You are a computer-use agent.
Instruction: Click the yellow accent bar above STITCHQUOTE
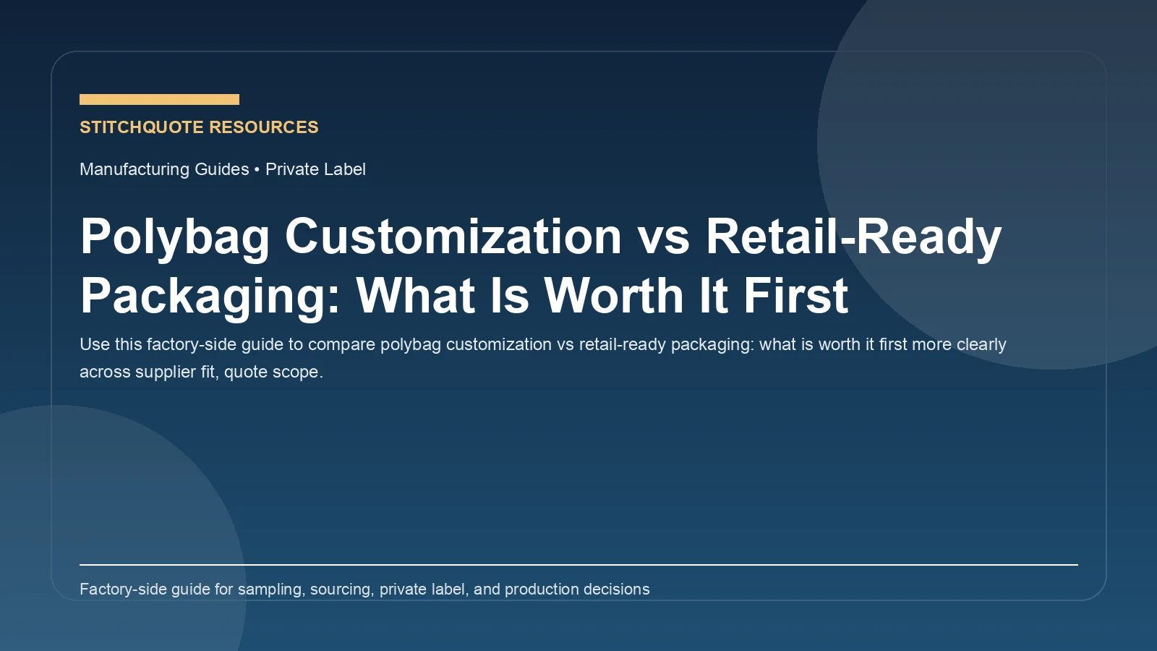click(159, 99)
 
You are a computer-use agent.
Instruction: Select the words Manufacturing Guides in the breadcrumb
click(164, 169)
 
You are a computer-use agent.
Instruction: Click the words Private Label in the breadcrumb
click(315, 169)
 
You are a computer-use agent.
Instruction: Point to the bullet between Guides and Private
click(257, 169)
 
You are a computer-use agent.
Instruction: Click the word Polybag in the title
click(174, 237)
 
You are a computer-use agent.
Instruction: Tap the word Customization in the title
click(453, 237)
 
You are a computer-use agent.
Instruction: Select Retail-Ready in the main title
click(853, 237)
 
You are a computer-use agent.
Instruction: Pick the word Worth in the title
click(613, 297)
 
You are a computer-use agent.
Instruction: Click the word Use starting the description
click(94, 344)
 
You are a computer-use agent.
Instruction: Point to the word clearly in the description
click(981, 344)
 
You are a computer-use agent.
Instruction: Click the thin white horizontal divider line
click(578, 564)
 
